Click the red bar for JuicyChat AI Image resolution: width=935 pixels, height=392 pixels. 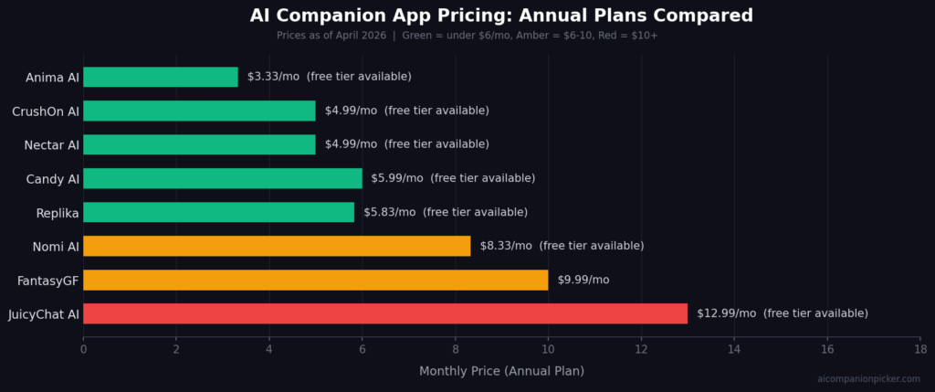pyautogui.click(x=384, y=313)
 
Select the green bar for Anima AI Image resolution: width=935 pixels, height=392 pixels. pyautogui.click(x=161, y=77)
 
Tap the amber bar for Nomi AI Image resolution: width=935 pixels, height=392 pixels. pyautogui.click(x=277, y=246)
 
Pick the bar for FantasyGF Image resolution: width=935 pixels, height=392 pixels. pyautogui.click(x=315, y=280)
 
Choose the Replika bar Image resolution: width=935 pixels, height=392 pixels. pyautogui.click(x=218, y=212)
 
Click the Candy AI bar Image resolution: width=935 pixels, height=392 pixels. pyautogui.click(x=223, y=178)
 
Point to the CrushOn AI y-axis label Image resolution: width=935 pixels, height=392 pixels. pyautogui.click(x=46, y=111)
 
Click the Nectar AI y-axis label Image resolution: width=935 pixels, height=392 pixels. pyautogui.click(x=51, y=145)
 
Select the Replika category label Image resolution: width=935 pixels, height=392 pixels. pyautogui.click(x=58, y=213)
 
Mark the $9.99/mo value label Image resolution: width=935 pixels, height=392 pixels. pyautogui.click(x=583, y=280)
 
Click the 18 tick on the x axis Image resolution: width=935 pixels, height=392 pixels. pyautogui.click(x=919, y=349)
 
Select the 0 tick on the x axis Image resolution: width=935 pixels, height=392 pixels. pyautogui.click(x=83, y=349)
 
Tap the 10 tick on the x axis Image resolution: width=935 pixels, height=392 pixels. pyautogui.click(x=548, y=349)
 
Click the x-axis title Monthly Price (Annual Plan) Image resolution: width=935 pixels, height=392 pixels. pyautogui.click(x=501, y=371)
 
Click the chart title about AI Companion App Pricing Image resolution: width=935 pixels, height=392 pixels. pyautogui.click(x=501, y=16)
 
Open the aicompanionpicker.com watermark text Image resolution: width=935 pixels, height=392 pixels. pyautogui.click(x=868, y=379)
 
